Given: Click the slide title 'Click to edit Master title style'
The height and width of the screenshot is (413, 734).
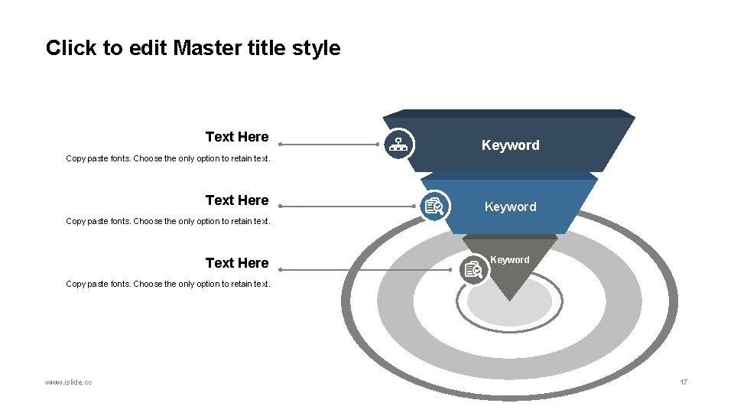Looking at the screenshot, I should coord(193,48).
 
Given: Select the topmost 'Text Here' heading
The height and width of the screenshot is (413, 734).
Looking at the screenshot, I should coord(237,137).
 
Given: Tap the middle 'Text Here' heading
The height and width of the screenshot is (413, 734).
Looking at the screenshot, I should coord(237,200).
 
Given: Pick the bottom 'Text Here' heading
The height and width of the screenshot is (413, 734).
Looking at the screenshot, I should coord(237,263).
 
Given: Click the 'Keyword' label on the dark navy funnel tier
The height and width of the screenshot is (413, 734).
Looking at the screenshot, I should coord(510,145).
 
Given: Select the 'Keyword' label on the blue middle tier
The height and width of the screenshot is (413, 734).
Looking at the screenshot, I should coord(510,207).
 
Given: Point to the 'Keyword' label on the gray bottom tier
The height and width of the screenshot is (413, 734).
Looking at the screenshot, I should coord(510,260).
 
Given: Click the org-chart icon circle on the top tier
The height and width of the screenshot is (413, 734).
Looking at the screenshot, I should coord(398,144).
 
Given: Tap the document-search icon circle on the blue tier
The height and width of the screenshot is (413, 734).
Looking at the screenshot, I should coord(435,206).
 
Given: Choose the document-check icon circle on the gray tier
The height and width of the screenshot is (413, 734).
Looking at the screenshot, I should coord(474,269).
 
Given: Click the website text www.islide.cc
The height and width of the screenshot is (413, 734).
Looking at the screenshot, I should coord(69,382).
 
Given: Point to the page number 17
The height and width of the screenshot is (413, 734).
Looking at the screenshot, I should coord(684,382).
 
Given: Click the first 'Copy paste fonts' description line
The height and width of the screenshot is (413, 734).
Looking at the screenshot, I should coord(168,159).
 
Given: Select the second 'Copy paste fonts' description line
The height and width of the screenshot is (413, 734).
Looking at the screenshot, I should coord(168,222).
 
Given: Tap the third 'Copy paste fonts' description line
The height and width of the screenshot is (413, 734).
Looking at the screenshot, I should coord(168,285).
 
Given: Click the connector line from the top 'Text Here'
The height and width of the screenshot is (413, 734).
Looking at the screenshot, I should coord(329,144).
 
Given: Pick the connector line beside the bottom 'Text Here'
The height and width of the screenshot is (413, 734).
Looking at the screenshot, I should coord(367,269).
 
